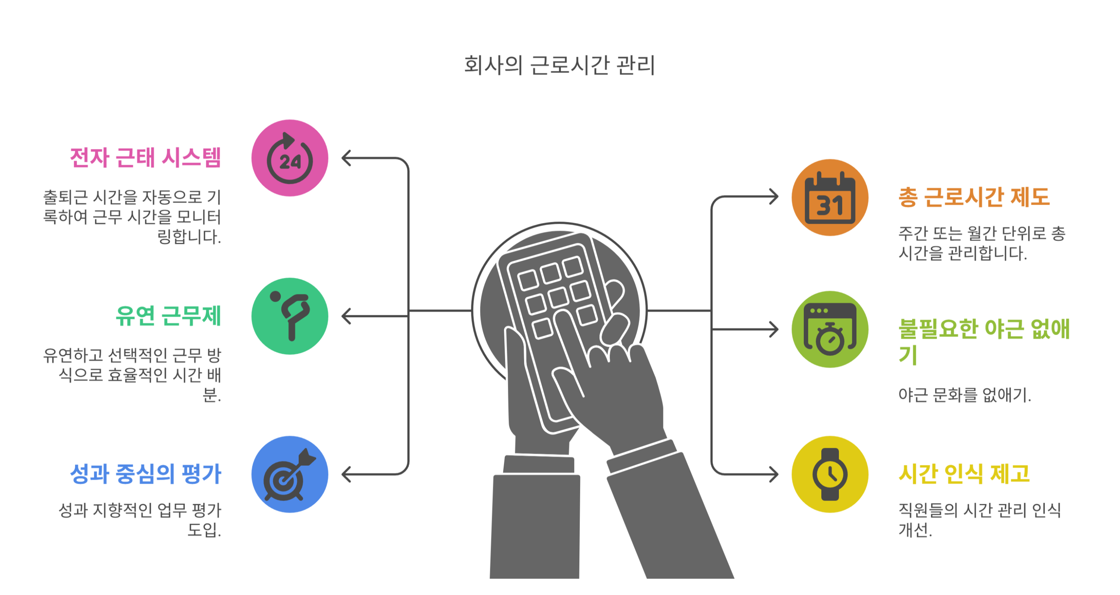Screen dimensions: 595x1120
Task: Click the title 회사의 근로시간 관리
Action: click(x=560, y=66)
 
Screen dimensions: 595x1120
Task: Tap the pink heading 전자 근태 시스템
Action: click(x=146, y=158)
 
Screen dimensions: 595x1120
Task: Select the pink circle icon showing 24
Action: click(x=290, y=158)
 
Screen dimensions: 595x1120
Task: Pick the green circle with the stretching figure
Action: click(x=290, y=316)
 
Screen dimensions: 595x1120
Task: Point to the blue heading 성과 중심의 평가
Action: click(x=146, y=474)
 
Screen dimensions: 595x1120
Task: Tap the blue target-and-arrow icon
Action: click(x=290, y=474)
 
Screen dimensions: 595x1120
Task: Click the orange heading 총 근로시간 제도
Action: click(x=974, y=197)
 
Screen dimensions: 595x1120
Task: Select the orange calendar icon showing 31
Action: click(x=830, y=198)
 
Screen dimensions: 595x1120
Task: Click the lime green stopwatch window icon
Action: click(x=830, y=329)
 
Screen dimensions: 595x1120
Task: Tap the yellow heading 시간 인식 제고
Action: click(x=964, y=474)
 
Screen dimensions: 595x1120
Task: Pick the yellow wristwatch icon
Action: click(x=830, y=474)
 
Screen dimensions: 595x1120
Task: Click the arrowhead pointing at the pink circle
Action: click(x=346, y=158)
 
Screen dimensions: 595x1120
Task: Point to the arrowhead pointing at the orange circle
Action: click(x=774, y=196)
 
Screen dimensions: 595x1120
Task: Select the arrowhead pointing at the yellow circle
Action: click(x=774, y=474)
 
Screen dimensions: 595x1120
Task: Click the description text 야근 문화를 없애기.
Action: click(x=964, y=395)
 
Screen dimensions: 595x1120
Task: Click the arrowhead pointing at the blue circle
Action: click(x=346, y=474)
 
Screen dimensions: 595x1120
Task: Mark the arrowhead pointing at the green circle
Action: click(x=346, y=316)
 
